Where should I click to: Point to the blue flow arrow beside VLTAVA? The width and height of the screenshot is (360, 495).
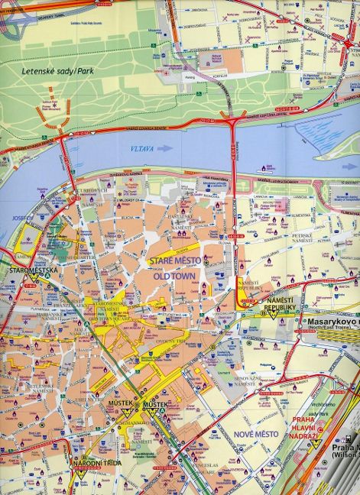tap(164, 150)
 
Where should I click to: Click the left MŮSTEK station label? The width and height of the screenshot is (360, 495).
tap(120, 403)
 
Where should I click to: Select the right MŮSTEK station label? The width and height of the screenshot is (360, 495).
tap(155, 403)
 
